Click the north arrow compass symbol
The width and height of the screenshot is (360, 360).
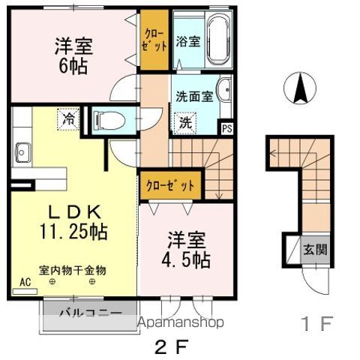click(300, 89)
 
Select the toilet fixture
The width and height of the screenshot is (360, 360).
click(109, 118)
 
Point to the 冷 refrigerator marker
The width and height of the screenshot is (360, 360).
click(68, 118)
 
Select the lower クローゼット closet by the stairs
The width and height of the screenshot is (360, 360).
click(170, 184)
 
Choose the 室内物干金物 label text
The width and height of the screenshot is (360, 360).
click(73, 268)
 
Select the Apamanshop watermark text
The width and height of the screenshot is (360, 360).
click(182, 323)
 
